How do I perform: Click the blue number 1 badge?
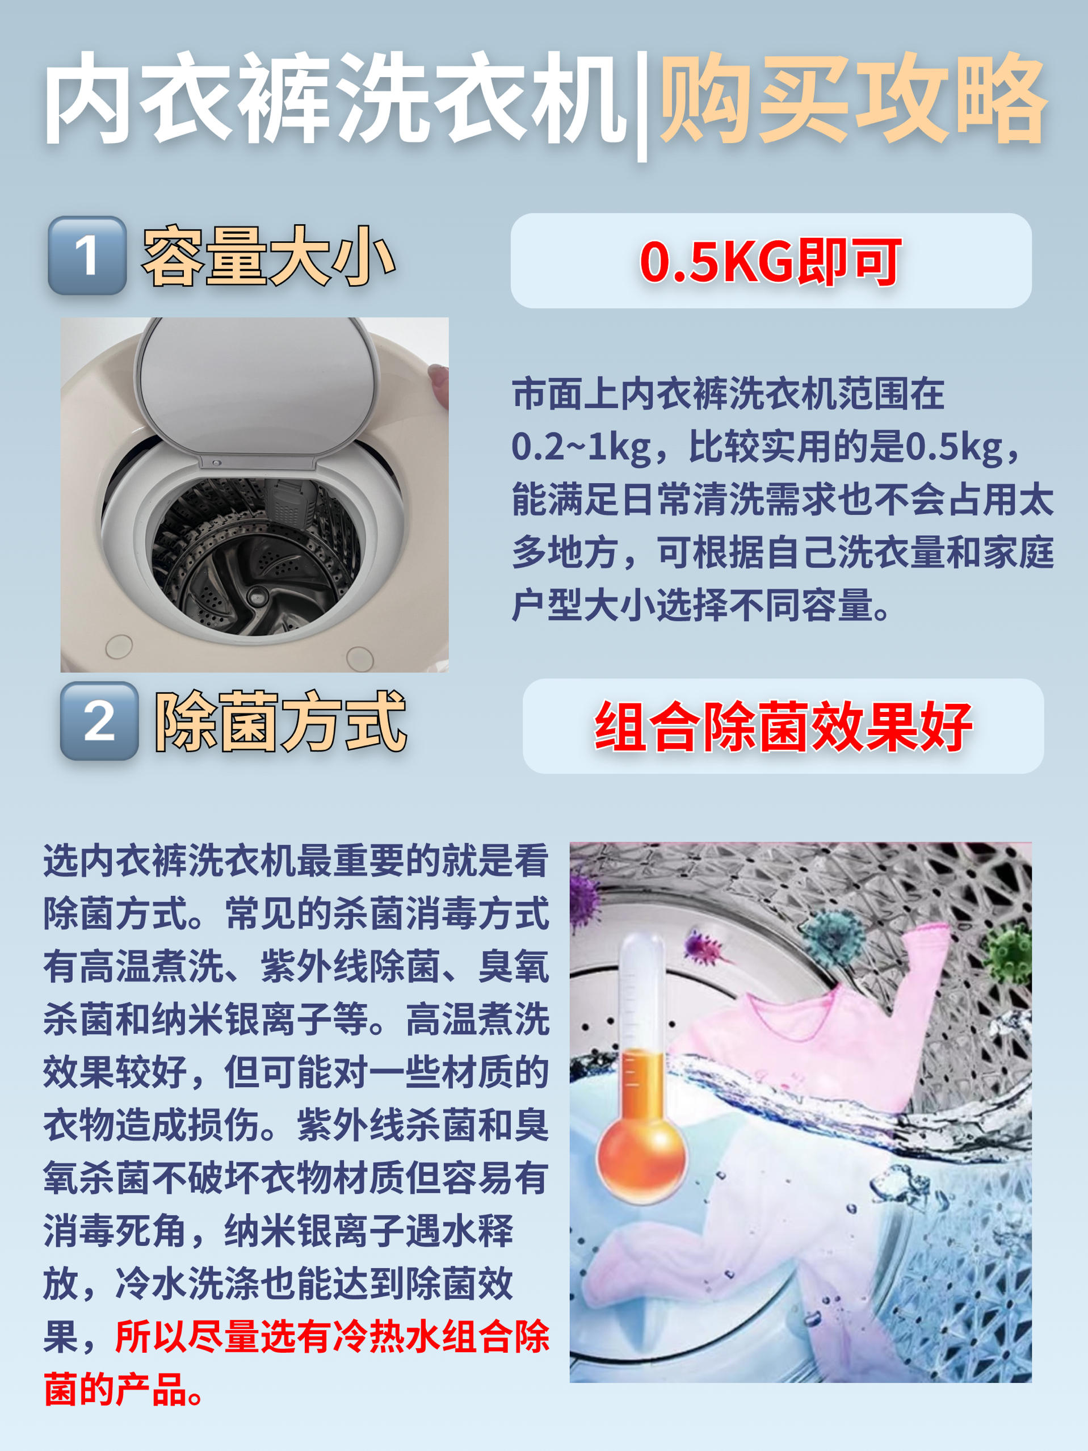click(87, 255)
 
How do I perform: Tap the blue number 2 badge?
click(99, 721)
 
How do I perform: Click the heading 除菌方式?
click(281, 722)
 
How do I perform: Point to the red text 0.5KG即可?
click(771, 262)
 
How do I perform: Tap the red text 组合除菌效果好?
click(783, 726)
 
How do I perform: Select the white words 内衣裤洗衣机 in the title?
click(334, 98)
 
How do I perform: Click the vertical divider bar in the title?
click(642, 105)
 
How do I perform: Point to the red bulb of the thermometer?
click(641, 1160)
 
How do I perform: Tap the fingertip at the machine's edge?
click(438, 380)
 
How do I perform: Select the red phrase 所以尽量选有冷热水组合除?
click(332, 1337)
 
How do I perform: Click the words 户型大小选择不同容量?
click(692, 605)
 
